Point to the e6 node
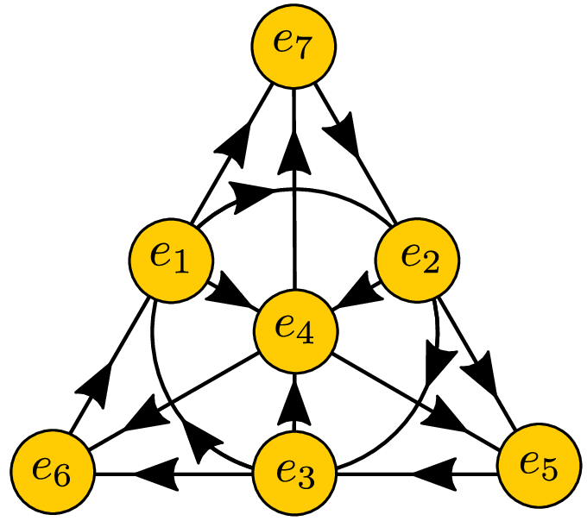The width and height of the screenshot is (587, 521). (x=52, y=473)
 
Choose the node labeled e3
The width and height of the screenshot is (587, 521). (x=294, y=473)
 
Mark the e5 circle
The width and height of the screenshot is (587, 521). (x=540, y=467)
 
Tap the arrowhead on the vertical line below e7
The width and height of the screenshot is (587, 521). (x=294, y=160)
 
